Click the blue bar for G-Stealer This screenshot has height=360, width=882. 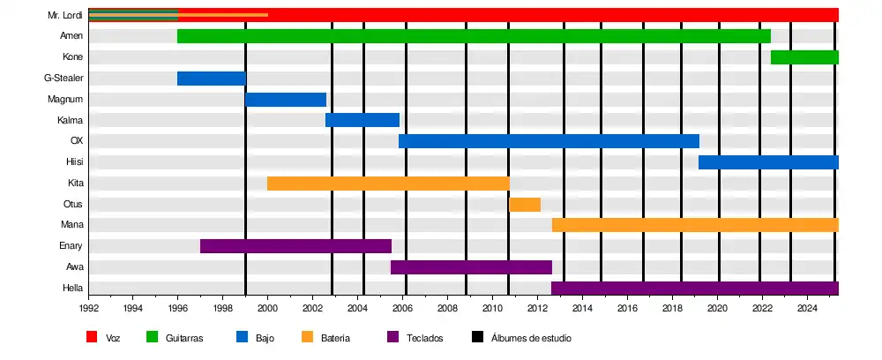click(211, 79)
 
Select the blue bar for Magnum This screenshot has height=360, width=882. click(286, 100)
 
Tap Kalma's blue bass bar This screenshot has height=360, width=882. click(363, 120)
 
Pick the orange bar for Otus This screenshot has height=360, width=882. click(525, 205)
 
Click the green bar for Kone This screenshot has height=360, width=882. click(804, 57)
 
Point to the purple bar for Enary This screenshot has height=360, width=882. click(295, 246)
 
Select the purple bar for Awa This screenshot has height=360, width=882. click(471, 267)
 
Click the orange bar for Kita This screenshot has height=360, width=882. click(388, 184)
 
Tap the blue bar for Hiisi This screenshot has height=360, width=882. click(768, 162)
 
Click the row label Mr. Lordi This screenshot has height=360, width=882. click(65, 15)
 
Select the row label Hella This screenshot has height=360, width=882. click(72, 289)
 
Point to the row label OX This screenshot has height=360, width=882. click(76, 141)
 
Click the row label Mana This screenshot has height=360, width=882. click(71, 225)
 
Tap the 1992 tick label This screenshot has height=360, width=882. click(89, 309)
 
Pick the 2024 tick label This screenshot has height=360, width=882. click(807, 309)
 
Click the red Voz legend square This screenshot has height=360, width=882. click(92, 337)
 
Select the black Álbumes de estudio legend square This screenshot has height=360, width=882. click(477, 337)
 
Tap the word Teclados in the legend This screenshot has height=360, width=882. click(424, 338)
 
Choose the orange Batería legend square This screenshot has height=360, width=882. click(307, 337)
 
